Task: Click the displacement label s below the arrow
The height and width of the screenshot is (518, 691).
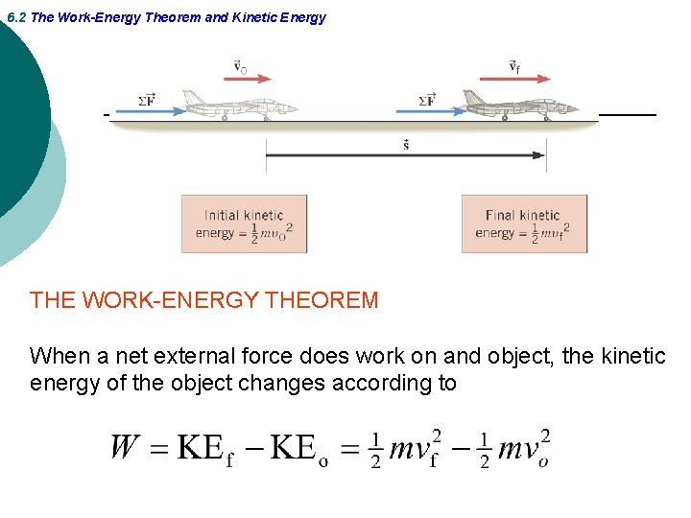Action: coord(406,145)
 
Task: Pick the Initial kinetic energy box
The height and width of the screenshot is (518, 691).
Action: coord(245,224)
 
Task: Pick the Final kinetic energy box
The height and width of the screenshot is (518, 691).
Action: coord(524,224)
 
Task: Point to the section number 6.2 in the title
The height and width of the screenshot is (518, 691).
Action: coord(16,17)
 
